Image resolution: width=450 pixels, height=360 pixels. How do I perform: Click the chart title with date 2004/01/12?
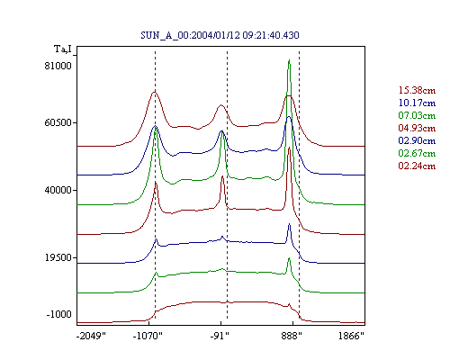220,35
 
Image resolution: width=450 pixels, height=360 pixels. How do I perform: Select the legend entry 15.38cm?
417,90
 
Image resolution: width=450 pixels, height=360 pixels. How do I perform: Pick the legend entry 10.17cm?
417,103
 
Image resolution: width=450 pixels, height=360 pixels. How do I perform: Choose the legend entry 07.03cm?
417,115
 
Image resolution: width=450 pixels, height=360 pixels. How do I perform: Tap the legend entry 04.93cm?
417,128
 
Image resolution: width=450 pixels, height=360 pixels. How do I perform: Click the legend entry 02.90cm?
417,140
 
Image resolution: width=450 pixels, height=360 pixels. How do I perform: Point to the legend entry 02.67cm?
417,153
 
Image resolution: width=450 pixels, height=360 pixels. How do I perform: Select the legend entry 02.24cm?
417,166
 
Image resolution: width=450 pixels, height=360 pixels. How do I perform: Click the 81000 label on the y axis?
58,66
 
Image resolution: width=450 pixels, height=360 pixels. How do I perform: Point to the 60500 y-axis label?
58,122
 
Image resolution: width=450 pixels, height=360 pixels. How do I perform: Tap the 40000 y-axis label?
58,190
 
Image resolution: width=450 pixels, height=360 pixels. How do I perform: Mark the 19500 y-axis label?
58,257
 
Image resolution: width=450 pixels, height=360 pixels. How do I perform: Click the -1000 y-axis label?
58,314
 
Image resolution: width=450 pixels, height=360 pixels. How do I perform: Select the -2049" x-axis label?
91,336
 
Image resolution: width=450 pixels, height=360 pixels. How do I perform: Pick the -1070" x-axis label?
148,336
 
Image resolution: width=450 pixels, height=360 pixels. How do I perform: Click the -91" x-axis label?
220,336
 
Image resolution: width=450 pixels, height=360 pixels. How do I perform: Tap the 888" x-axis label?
292,336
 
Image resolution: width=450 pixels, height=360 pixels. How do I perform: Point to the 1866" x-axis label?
351,336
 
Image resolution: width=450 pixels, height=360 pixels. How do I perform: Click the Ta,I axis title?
63,49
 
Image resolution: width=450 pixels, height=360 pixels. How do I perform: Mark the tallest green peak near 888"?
289,60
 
